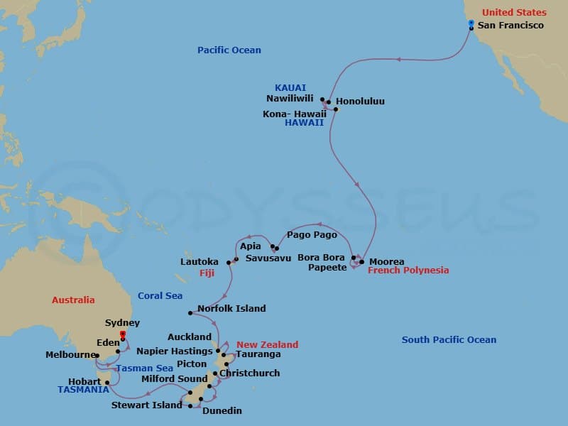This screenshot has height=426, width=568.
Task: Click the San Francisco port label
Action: click(510, 26)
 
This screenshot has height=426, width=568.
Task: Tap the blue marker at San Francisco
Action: click(471, 23)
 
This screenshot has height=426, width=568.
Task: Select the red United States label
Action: click(514, 13)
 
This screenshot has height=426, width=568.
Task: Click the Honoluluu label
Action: click(360, 102)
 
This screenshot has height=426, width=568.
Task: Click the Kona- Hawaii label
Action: click(295, 113)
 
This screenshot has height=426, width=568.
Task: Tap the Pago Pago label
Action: click(311, 234)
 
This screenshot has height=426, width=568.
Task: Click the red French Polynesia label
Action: click(408, 271)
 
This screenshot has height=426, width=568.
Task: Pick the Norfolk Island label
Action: click(231, 309)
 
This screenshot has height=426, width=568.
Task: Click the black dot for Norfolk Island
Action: click(190, 313)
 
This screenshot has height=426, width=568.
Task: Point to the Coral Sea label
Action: click(160, 296)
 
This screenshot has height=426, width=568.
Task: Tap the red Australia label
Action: click(73, 300)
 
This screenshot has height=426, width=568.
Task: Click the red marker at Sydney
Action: click(123, 334)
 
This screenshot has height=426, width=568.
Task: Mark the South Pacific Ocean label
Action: click(449, 340)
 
